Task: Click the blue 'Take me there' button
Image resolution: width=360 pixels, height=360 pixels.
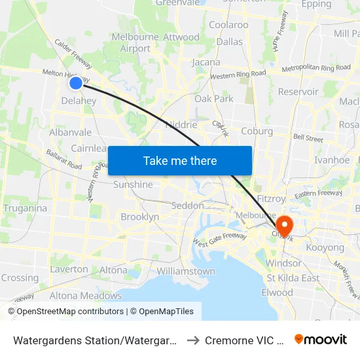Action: pos(180,160)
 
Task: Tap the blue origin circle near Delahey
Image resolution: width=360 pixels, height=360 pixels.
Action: pos(76,82)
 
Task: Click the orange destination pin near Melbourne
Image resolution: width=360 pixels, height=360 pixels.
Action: pos(284,226)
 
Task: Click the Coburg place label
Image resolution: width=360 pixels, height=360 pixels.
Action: pos(257,131)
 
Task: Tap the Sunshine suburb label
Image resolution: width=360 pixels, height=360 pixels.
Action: pos(133,185)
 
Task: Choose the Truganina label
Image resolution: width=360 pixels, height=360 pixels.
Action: pos(25,208)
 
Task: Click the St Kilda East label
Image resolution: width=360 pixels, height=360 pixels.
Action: pos(293,278)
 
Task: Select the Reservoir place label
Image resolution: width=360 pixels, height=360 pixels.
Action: pos(298,92)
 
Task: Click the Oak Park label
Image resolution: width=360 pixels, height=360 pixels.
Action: pos(213,99)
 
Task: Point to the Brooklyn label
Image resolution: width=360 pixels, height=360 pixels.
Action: pos(139,217)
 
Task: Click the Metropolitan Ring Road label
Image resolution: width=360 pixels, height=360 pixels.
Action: pos(316,68)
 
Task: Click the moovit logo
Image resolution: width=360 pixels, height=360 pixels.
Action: pos(321,339)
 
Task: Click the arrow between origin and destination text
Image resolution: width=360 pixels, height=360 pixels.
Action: pos(194,340)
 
